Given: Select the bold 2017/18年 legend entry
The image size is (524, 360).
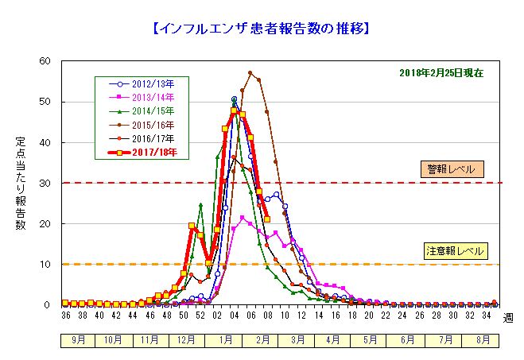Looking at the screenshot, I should click(x=154, y=151).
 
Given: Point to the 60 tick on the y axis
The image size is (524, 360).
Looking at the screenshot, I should click(x=45, y=61).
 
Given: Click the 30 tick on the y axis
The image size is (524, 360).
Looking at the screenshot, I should click(x=45, y=183).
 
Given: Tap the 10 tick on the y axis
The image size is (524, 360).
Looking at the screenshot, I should click(x=45, y=264).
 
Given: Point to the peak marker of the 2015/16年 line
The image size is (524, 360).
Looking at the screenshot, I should click(x=250, y=73).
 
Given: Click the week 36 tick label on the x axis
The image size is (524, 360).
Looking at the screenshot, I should click(x=64, y=315).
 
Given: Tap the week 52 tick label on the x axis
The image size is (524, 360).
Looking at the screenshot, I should click(x=200, y=315).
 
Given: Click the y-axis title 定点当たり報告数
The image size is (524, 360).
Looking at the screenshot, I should click(x=21, y=183).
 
